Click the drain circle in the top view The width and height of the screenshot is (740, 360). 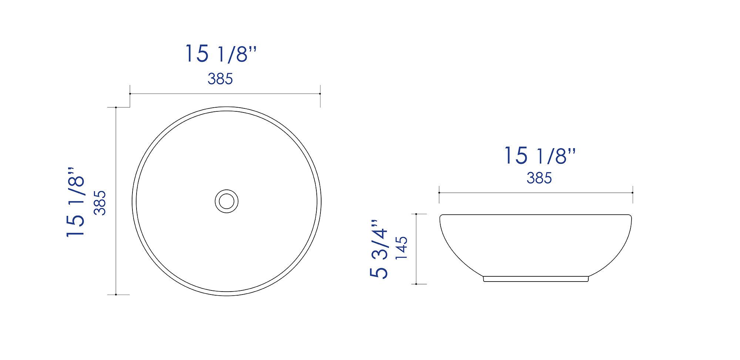226,201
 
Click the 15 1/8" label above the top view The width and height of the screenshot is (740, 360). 221,54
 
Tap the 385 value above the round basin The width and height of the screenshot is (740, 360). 220,79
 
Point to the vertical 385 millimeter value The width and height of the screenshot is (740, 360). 100,202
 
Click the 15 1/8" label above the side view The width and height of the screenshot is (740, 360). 540,155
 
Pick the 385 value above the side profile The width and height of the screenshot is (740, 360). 539,178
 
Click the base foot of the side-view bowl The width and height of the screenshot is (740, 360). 535,279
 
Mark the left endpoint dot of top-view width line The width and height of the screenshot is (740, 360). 130,94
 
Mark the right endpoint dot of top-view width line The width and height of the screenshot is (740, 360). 320,94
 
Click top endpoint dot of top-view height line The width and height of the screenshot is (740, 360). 116,108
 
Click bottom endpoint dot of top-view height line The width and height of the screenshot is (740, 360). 116,295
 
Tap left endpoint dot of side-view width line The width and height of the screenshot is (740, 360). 439,193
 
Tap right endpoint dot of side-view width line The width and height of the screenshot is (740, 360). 632,193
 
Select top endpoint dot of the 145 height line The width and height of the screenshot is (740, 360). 417,214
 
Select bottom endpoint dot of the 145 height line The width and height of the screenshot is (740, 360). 417,284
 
